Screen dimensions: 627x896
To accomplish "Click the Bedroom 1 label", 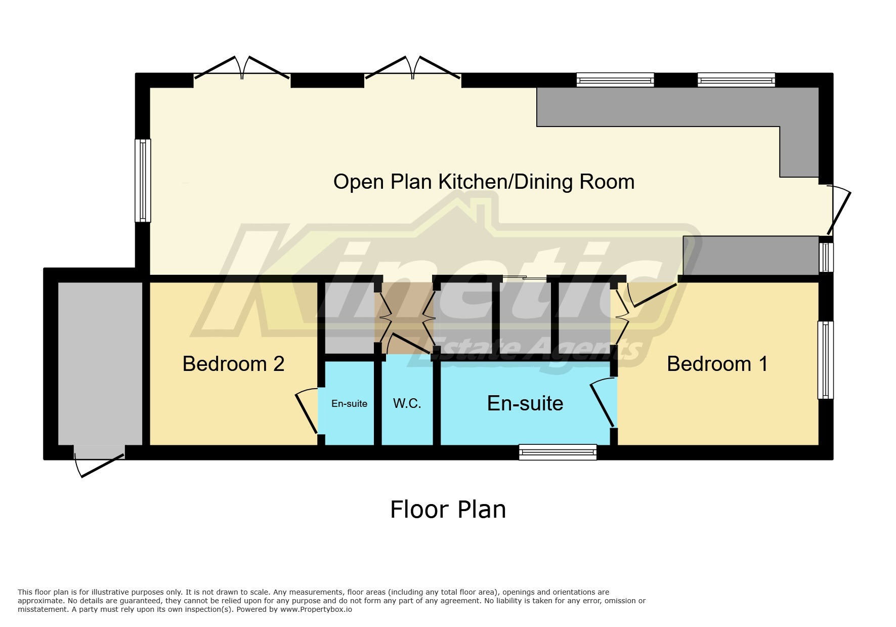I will tap(717, 364).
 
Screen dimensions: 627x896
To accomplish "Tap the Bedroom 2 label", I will tap(233, 364).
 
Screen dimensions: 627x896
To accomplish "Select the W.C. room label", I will tap(407, 403).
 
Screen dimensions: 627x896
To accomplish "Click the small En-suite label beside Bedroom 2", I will tap(349, 403).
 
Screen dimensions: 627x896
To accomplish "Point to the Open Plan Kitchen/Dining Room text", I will tap(484, 182).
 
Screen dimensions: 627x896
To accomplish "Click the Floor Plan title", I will tap(448, 509).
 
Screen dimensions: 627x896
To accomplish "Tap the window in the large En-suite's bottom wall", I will tap(558, 452).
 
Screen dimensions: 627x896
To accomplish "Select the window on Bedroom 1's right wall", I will tap(825, 360).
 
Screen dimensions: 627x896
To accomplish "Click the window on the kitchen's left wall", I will tap(143, 181).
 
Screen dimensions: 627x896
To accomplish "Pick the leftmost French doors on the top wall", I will tap(242, 71).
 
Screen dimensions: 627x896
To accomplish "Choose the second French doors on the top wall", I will tap(413, 71).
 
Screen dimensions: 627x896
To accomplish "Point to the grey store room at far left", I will tap(100, 363).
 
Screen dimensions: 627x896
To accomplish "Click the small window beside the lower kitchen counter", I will tap(826, 257).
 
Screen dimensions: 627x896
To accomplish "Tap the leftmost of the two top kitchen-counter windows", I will tap(615, 80).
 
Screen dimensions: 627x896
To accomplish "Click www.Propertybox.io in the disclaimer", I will tap(316, 609).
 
